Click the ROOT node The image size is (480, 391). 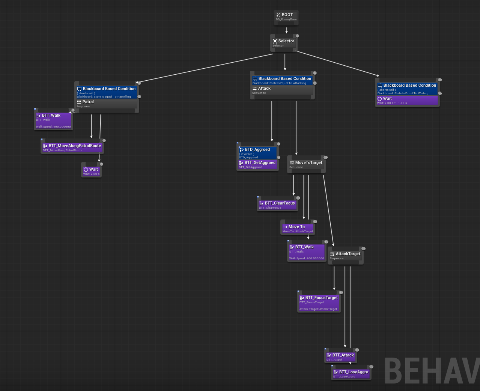286,17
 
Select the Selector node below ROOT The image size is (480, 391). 284,43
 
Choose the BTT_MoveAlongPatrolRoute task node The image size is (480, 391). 72,147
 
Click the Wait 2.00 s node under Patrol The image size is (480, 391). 91,171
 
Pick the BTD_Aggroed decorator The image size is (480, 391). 258,152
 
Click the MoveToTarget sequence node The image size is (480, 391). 306,164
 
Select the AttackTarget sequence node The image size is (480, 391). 345,256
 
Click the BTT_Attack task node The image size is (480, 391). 340,357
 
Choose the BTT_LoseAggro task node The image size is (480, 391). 351,374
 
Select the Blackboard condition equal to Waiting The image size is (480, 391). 407,89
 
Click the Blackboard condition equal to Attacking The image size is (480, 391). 282,80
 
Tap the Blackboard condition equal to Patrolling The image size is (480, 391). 107,92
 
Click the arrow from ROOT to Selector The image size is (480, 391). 286,30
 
